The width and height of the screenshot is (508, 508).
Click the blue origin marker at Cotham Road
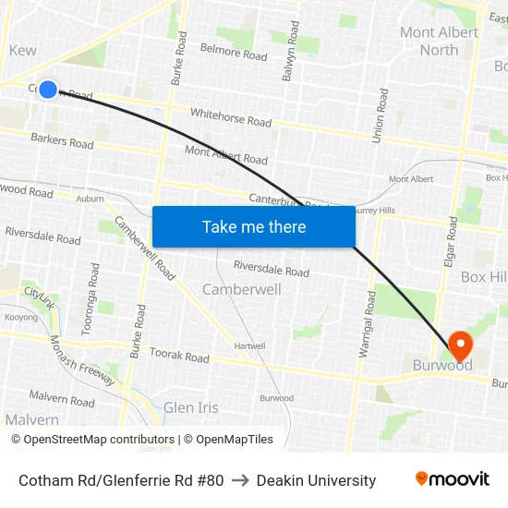coord(48,90)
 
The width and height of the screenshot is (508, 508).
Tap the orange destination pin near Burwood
coord(459,345)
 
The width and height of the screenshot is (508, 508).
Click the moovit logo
coord(452,479)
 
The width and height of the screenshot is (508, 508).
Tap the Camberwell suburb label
coord(241,289)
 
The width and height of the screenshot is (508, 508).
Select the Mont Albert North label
coord(439,41)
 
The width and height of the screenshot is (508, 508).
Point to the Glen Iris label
coord(190,407)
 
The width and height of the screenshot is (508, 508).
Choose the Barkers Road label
coord(62,141)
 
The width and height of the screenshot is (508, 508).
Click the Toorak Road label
coord(178,356)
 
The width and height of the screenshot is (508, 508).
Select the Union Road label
coord(379,115)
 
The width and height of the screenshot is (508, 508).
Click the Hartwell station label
coord(249,345)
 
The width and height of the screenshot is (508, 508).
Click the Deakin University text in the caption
coord(316,480)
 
